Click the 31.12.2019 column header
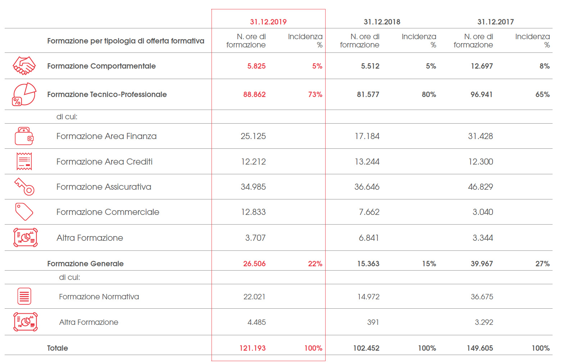(268, 22)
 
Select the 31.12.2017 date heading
(495, 22)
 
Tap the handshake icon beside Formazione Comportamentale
(24, 66)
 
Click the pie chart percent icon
(24, 94)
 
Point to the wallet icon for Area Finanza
(24, 136)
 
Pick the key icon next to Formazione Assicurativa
(24, 187)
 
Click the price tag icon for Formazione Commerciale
(24, 212)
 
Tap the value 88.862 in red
(254, 95)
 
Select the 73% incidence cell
(315, 95)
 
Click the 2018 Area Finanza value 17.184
(367, 136)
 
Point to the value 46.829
(480, 187)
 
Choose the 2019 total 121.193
(253, 348)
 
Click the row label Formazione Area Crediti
(104, 162)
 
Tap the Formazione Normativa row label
(99, 297)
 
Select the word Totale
(58, 348)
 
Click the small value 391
(373, 322)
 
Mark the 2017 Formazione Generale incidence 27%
(542, 264)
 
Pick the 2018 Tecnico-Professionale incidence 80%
(429, 95)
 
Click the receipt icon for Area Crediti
(24, 161)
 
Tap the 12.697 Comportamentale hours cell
(482, 66)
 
